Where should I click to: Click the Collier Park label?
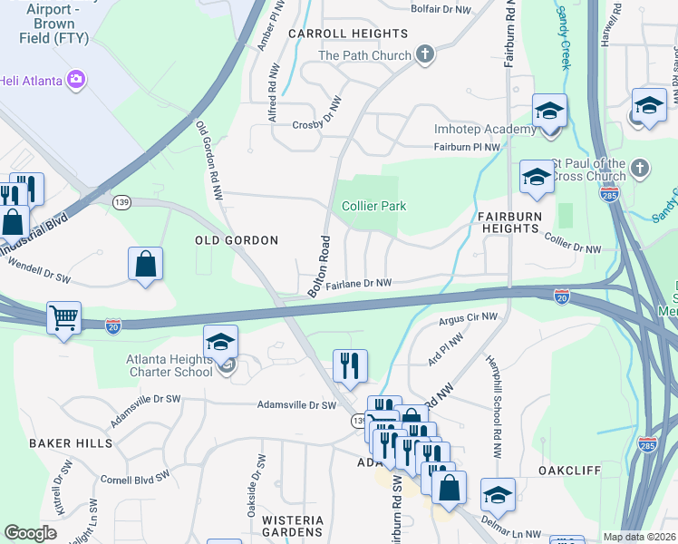point(373,206)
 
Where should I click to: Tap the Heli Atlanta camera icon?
point(76,79)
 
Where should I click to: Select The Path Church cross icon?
point(424,55)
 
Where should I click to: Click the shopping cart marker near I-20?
point(63,318)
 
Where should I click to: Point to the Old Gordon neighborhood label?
point(236,240)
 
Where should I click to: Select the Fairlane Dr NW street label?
point(359,284)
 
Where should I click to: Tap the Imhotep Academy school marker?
point(549,112)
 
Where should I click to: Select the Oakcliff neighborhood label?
point(570,471)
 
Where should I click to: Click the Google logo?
point(30,533)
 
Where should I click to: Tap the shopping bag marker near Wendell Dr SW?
point(146,265)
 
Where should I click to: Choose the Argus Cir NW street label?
point(469,318)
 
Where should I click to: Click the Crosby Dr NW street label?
point(316,123)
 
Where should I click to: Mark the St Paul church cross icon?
point(640,168)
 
